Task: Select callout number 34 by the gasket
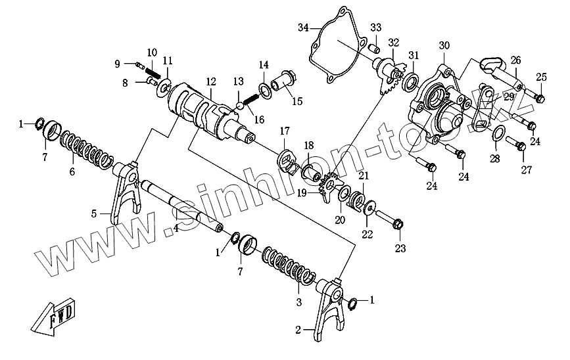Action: click(x=302, y=27)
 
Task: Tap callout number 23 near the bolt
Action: click(x=400, y=248)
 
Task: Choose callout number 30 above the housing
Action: click(x=444, y=45)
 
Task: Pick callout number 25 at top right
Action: click(x=540, y=78)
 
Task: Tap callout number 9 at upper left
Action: click(x=117, y=64)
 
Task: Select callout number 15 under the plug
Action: click(x=297, y=101)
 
